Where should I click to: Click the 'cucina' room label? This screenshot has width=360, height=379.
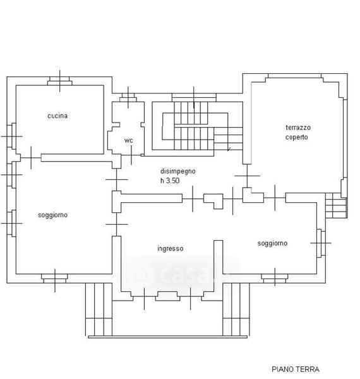[57, 116]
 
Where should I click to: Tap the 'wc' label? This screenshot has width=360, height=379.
[129, 140]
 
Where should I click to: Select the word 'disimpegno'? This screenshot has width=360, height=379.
[178, 171]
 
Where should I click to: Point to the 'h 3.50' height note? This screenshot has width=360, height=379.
[170, 181]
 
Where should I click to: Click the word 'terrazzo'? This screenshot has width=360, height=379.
[298, 128]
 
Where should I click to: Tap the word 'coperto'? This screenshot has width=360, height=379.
[296, 137]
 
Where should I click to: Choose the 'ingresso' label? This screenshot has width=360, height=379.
[171, 248]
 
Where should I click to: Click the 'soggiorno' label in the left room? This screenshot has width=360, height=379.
[52, 215]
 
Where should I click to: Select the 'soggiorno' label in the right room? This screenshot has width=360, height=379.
[272, 243]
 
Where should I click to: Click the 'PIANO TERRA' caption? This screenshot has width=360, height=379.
[296, 369]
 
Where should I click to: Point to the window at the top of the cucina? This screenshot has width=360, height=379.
[59, 81]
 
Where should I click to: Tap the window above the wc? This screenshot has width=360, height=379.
[128, 97]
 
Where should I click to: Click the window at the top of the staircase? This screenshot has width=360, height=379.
[194, 97]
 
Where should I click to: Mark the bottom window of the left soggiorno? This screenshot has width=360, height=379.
[54, 279]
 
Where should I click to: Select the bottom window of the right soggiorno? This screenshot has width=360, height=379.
[275, 279]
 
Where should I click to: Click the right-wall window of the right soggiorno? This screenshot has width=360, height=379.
[321, 243]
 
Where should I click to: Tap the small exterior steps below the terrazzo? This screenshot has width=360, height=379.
[337, 205]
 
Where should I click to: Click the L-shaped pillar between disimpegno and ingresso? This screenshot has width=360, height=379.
[213, 200]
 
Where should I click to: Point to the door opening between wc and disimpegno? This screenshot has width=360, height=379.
[131, 155]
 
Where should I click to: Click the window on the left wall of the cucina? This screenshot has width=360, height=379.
[11, 136]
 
